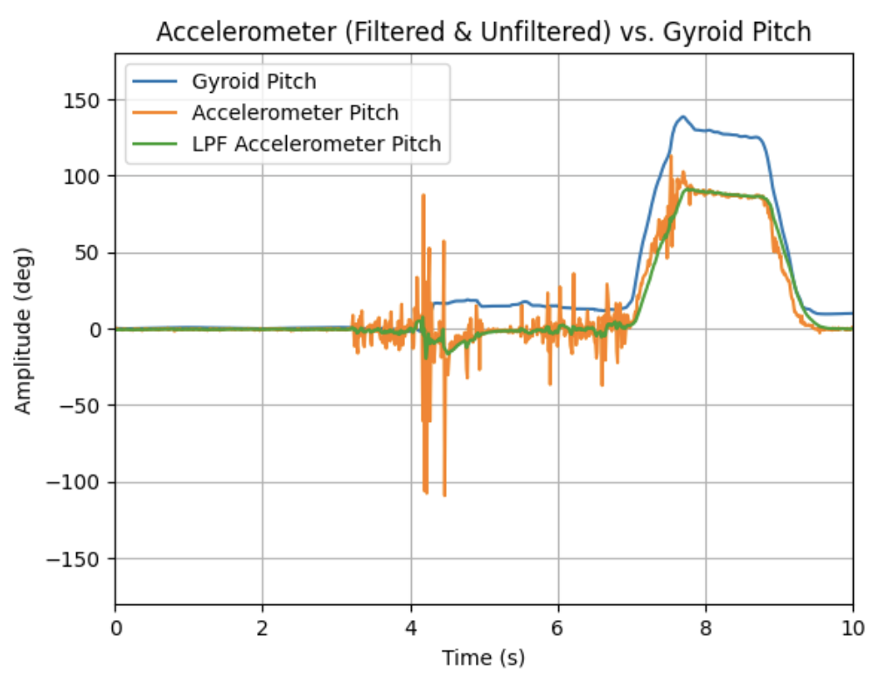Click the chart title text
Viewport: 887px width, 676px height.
[484, 32]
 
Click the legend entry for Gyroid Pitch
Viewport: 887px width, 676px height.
[253, 82]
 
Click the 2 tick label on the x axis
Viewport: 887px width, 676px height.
[262, 627]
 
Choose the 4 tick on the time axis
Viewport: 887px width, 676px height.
[410, 627]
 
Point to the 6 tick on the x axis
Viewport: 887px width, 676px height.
[558, 627]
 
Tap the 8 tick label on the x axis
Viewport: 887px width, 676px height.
[705, 627]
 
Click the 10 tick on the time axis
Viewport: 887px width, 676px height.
[852, 627]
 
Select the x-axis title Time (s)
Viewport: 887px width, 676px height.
[483, 657]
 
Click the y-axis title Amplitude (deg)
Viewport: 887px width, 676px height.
[24, 330]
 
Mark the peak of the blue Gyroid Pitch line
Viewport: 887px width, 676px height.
[682, 116]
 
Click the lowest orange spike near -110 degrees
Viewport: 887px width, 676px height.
[444, 495]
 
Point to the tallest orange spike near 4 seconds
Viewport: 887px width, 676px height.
[423, 195]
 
